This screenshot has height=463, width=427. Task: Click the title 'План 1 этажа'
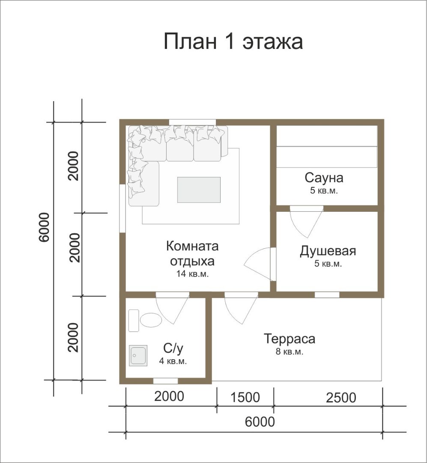pos(233,41)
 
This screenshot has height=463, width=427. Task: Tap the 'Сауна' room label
pos(324,178)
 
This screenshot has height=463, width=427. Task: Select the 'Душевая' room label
pos(328,251)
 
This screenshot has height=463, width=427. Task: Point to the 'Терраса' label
pos(290,339)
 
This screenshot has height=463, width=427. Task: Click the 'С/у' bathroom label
pos(173,348)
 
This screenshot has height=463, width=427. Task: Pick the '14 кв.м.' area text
pos(192,274)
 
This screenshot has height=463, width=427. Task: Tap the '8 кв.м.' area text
pos(290,352)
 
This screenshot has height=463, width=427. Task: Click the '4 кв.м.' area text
pos(173,361)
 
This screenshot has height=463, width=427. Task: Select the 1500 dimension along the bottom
pos(245,397)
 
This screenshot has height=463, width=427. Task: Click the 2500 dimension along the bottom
pos(341,398)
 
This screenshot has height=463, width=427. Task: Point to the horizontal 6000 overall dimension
pos(260,422)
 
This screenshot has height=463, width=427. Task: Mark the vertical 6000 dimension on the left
pos(44,227)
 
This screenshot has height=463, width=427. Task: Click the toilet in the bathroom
pos(151,320)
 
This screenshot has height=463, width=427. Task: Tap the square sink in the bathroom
pos(138,355)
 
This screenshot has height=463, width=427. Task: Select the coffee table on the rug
pos(199,190)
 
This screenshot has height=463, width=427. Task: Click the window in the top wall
pos(192,122)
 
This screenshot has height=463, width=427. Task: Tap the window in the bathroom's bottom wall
pos(166,381)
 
